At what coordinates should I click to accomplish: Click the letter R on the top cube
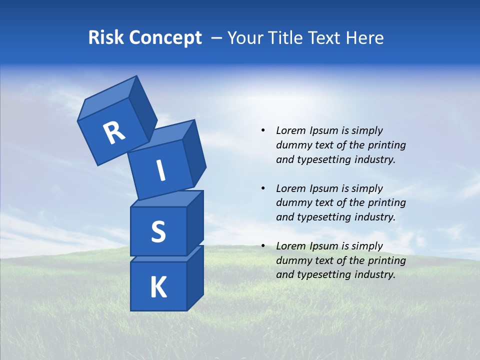tap(114, 133)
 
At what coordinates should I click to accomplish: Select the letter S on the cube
tap(158, 231)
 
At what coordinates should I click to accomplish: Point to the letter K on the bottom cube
tap(158, 287)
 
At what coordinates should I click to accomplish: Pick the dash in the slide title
tap(217, 38)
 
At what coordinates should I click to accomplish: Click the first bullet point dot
tap(263, 130)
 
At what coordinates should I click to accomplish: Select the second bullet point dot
tap(263, 188)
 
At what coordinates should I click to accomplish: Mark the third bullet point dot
tap(263, 246)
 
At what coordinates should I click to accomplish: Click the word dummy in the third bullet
tap(291, 260)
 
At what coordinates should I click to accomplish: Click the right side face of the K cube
tap(195, 278)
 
